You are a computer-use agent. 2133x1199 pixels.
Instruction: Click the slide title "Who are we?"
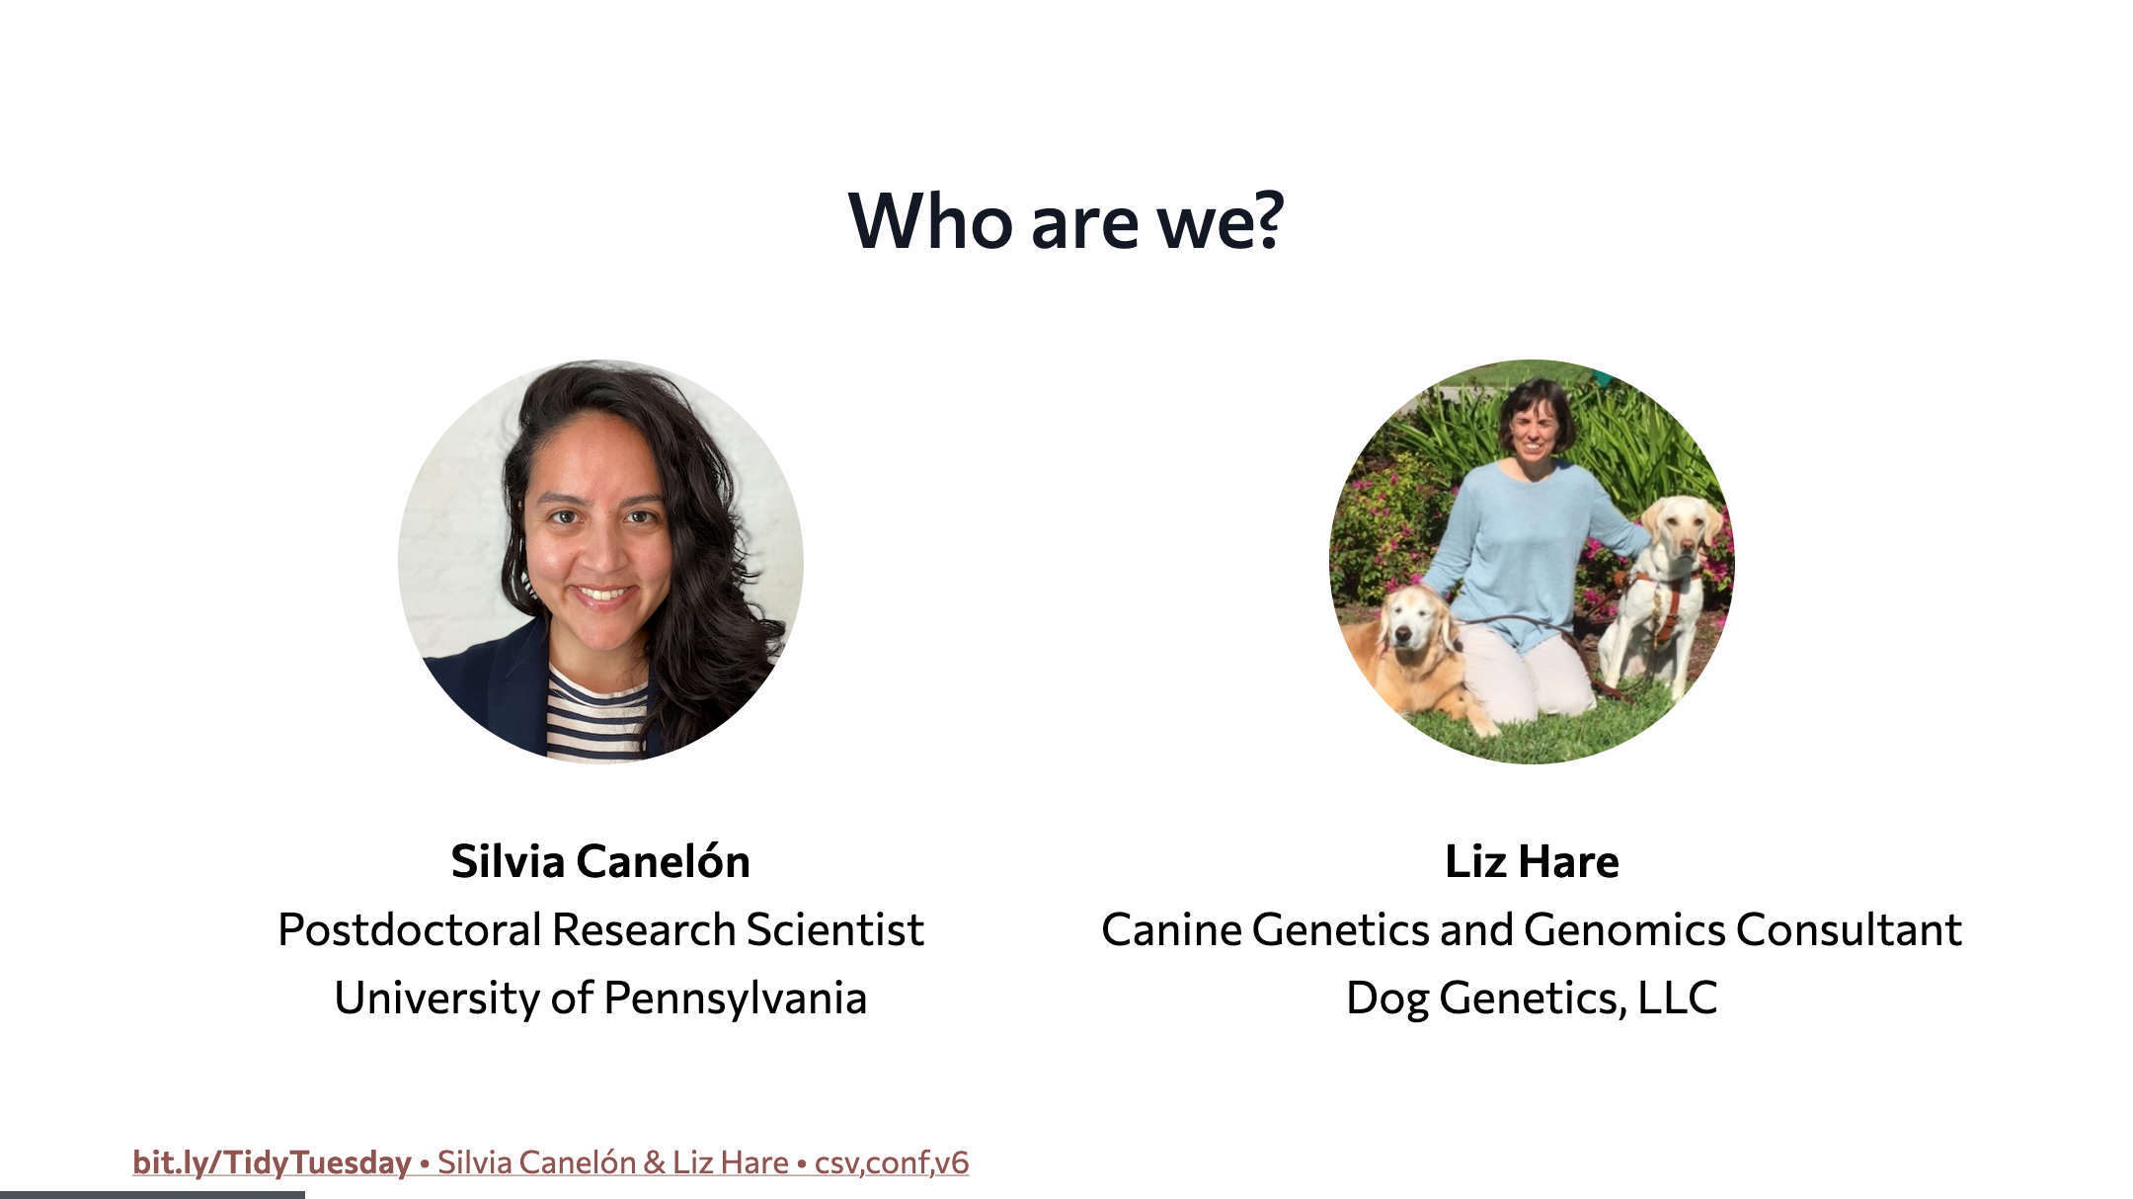(1066, 220)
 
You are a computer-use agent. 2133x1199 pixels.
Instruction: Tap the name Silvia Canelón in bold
(600, 861)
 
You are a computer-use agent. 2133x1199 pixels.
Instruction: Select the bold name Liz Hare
(1532, 861)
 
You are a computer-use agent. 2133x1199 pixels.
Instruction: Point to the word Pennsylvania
(735, 999)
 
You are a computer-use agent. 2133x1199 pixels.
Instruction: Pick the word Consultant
(1849, 929)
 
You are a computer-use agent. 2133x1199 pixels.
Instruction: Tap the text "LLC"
(1678, 998)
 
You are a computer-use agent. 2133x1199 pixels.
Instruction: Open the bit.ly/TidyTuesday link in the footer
(272, 1162)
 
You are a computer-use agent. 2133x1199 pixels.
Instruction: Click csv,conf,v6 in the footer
(892, 1162)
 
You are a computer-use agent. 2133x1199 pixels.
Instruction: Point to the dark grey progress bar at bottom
(152, 1195)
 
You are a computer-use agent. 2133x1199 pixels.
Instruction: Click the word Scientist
(834, 929)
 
